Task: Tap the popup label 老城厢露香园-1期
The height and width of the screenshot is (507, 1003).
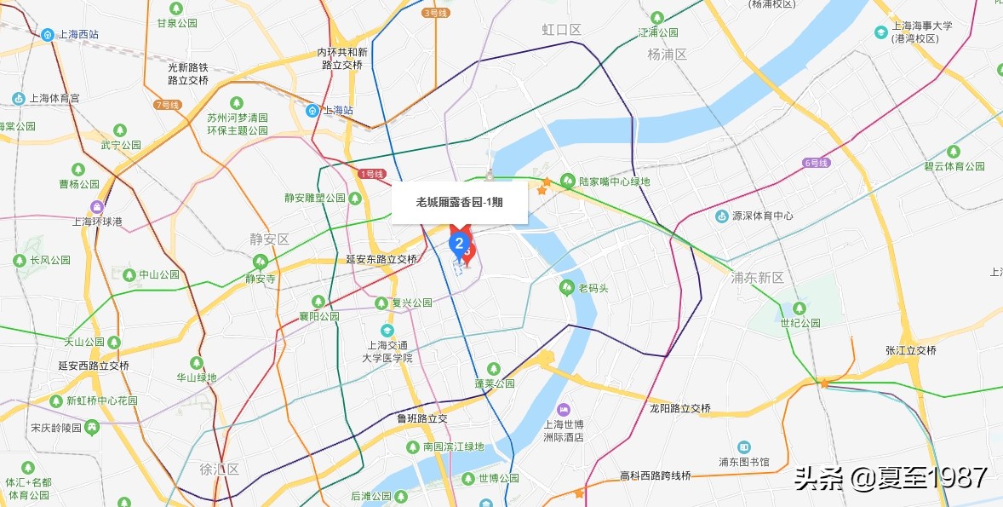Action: [460, 202]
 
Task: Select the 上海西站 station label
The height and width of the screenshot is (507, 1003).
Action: [77, 35]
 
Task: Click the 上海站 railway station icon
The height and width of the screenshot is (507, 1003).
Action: [313, 110]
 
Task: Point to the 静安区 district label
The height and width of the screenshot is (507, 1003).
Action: [270, 239]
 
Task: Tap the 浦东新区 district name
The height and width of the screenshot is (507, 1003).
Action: [757, 278]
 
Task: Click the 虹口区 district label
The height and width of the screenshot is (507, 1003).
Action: [561, 30]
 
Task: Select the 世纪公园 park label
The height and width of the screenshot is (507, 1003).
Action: [800, 323]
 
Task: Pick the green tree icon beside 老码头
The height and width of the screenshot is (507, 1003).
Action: [566, 288]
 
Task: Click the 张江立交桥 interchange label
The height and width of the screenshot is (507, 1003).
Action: [910, 350]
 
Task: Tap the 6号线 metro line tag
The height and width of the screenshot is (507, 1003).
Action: [815, 163]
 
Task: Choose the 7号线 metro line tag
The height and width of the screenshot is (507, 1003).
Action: [167, 105]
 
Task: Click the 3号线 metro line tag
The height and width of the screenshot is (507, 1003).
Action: [434, 13]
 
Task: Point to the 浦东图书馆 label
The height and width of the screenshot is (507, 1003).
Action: [743, 462]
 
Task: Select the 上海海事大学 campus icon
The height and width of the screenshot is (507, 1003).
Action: [880, 32]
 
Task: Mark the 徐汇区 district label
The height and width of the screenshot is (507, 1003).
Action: [220, 470]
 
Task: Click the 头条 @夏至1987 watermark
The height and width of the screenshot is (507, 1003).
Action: [891, 477]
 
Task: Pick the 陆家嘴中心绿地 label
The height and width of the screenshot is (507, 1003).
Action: [614, 181]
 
